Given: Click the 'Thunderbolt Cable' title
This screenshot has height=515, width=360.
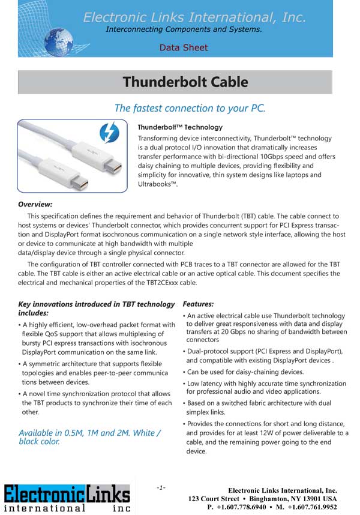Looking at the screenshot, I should point(185,82).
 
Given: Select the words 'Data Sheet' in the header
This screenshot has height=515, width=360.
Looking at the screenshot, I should point(184,47).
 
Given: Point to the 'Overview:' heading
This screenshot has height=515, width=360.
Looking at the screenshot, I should point(35,204).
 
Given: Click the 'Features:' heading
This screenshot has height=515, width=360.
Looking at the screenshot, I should point(198,304).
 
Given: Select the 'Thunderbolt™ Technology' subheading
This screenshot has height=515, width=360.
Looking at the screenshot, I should point(180,127).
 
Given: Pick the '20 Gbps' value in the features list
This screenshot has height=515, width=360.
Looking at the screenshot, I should point(244,331).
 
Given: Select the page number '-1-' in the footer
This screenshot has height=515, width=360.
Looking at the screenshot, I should point(161,487).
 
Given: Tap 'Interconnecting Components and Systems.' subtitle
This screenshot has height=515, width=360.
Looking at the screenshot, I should point(184,29).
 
